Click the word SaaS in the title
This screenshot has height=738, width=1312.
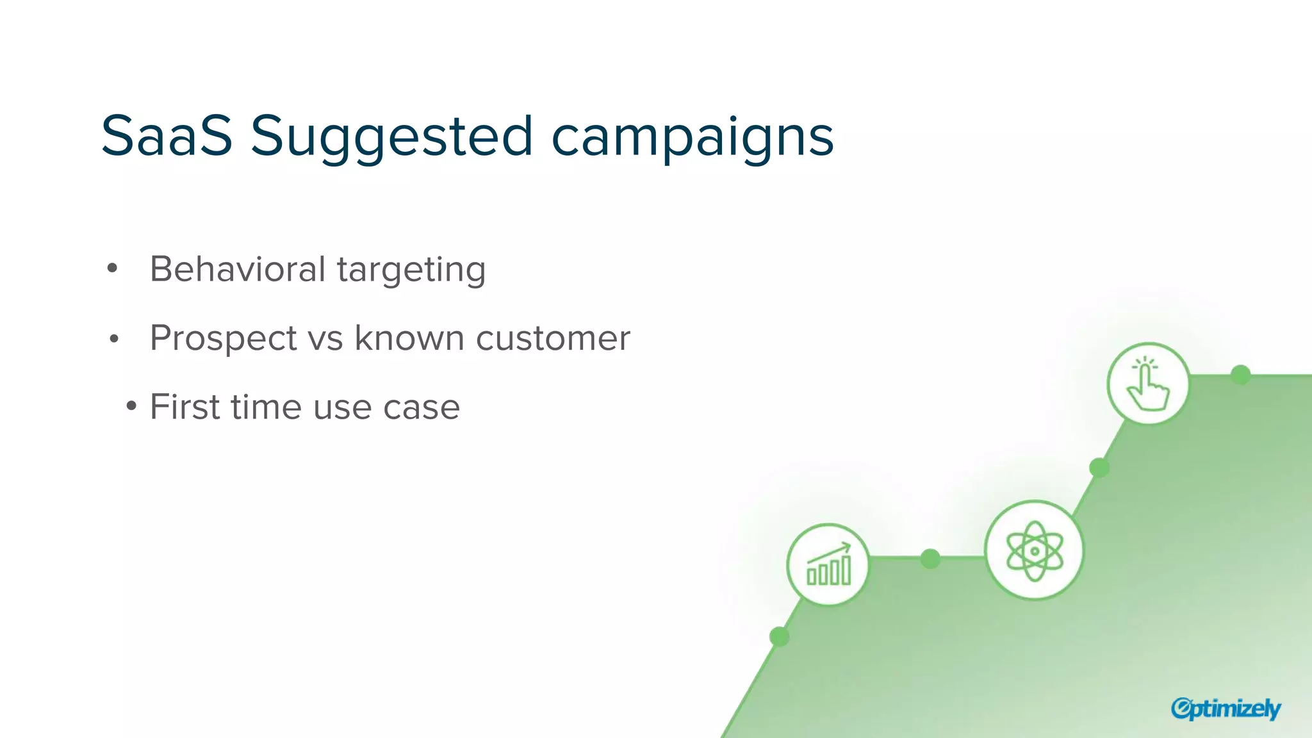coord(167,136)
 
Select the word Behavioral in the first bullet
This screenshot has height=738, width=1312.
coord(238,269)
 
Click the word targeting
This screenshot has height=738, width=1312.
coord(411,270)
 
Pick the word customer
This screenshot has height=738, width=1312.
coord(553,338)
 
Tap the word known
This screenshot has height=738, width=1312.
coord(409,338)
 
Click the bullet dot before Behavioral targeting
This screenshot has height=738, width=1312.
coord(113,269)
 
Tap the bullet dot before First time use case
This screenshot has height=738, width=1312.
coord(131,406)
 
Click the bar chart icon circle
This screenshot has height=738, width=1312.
coord(828,564)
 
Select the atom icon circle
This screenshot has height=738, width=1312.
coord(1034,550)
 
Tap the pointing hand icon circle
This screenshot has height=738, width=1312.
coord(1148,384)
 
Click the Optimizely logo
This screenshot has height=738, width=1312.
coord(1226,709)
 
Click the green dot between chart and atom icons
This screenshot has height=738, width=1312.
coord(930,559)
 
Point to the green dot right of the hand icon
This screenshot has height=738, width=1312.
coord(1241,375)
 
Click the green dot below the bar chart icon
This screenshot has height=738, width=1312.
coord(779,636)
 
